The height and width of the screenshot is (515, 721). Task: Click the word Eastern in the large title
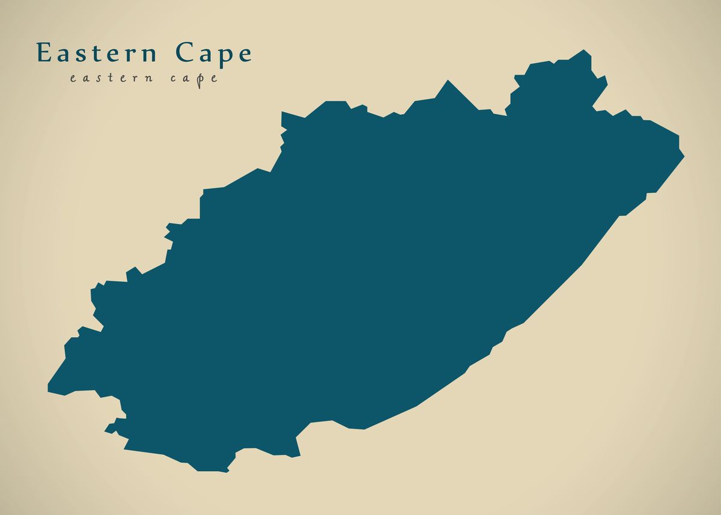coord(97,53)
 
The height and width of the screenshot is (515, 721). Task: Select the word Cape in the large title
coord(214,53)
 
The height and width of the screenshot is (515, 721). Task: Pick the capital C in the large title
coord(184,53)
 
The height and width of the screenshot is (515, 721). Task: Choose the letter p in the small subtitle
coord(199,79)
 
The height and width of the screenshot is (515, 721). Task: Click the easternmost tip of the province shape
coord(684,156)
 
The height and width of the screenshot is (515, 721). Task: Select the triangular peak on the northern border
coord(447,81)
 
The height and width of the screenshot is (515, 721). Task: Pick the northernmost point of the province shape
coord(584,50)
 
